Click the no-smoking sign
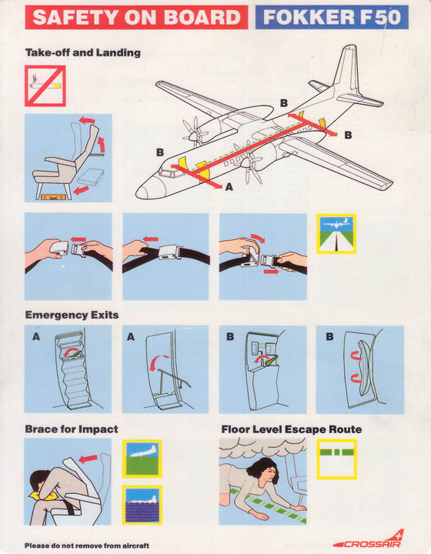click(45, 86)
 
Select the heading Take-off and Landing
click(83, 52)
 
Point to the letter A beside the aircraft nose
click(229, 186)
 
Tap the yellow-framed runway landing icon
click(336, 234)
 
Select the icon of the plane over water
click(142, 505)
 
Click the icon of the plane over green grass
click(142, 459)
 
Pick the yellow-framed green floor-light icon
click(336, 459)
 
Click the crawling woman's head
click(264, 472)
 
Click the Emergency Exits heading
click(72, 315)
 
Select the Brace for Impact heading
click(72, 429)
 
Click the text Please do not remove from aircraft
click(87, 546)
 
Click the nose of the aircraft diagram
click(142, 192)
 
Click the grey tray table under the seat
click(91, 176)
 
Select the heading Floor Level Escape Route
click(292, 429)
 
